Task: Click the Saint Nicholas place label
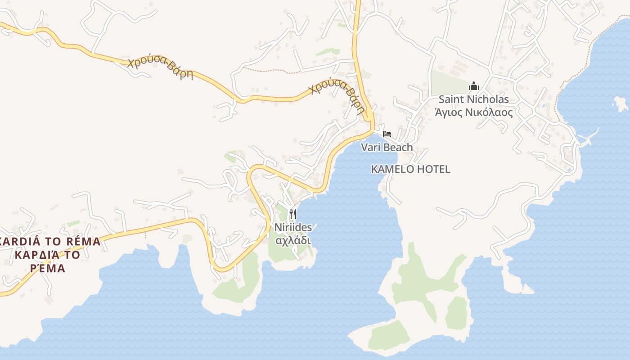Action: coord(473,99)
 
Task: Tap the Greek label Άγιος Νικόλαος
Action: coord(473,112)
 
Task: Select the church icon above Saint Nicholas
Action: coord(473,86)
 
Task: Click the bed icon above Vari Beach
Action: coord(387,134)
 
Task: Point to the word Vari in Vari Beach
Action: coord(370,148)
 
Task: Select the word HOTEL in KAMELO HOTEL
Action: coord(433,170)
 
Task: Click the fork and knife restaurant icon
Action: coord(293,213)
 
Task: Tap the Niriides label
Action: coord(293,228)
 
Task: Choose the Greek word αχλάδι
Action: coord(293,240)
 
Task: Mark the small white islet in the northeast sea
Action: coord(621,104)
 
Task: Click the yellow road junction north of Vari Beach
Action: coord(369,118)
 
